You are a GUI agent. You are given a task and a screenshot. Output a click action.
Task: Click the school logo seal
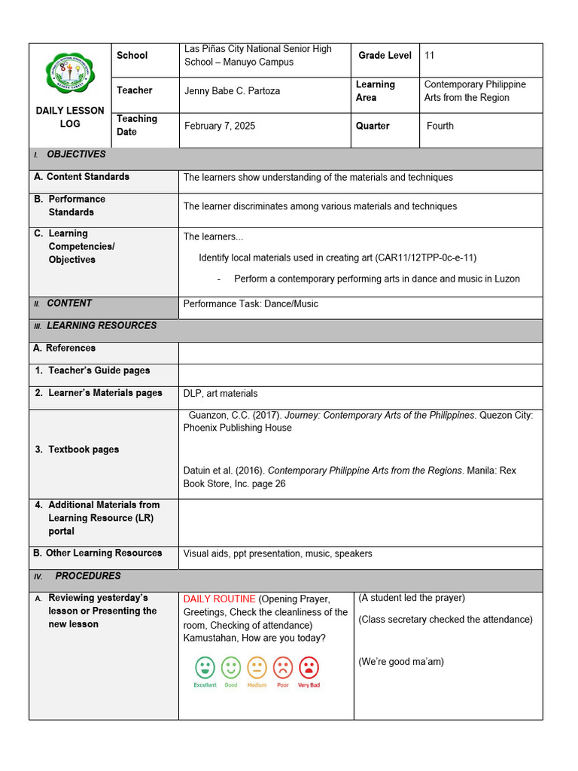click(70, 73)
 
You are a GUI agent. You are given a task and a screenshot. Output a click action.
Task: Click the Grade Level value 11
click(430, 55)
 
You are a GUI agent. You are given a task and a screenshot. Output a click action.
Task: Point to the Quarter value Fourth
click(440, 126)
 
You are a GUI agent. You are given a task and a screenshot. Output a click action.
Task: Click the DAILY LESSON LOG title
click(70, 117)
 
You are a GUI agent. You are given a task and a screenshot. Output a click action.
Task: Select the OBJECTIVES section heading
click(76, 154)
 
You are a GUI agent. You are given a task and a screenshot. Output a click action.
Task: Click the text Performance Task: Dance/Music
click(251, 304)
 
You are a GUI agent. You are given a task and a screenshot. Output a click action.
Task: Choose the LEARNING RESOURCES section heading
click(102, 326)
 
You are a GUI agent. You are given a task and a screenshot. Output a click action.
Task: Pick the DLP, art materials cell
click(221, 393)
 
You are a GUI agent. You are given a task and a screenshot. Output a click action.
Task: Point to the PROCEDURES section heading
click(88, 576)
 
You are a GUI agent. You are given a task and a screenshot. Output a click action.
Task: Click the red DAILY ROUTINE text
click(219, 599)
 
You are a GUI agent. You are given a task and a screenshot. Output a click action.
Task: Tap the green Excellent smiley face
click(205, 668)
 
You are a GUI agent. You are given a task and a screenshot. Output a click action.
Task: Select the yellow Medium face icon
click(257, 668)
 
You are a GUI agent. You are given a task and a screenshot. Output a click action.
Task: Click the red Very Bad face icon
click(309, 668)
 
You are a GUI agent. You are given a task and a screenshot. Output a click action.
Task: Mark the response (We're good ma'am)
click(401, 662)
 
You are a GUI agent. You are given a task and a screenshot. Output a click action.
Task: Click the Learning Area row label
click(376, 91)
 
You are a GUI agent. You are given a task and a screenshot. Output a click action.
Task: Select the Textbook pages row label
click(84, 449)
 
